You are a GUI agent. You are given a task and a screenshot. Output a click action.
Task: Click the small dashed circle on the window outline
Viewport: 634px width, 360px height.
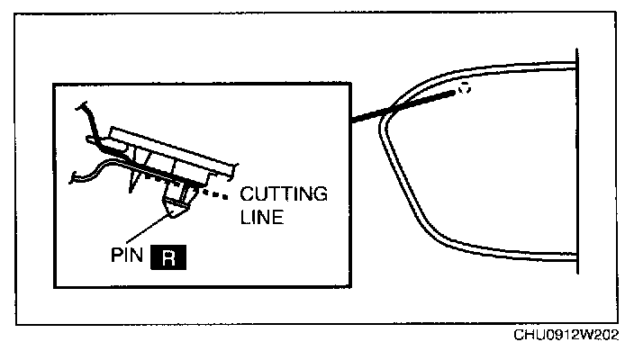point(463,88)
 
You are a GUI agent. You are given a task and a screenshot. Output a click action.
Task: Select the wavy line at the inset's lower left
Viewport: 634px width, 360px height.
point(90,173)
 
